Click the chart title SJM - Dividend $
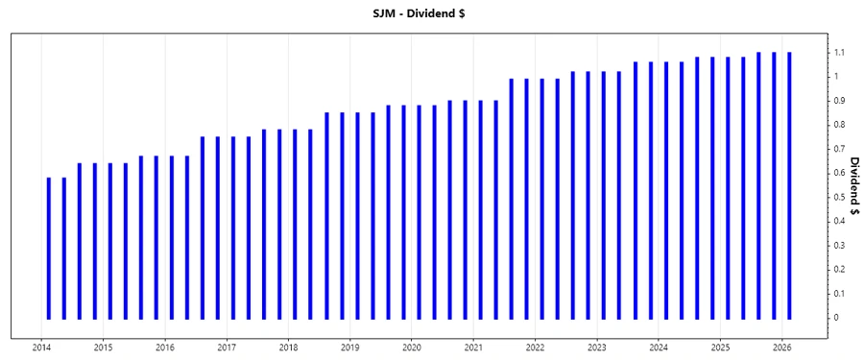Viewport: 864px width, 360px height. tap(431, 12)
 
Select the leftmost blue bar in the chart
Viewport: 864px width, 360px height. tap(49, 248)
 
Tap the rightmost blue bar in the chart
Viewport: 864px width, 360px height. tap(789, 185)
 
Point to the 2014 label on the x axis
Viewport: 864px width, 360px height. tap(41, 348)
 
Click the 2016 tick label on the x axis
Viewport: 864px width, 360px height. tap(165, 348)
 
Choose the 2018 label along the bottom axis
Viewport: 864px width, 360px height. tap(288, 348)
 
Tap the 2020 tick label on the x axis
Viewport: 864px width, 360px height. tap(412, 348)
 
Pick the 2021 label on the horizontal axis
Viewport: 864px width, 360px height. tap(473, 348)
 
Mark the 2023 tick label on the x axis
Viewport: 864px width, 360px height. tap(597, 348)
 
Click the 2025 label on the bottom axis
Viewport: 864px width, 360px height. tap(720, 348)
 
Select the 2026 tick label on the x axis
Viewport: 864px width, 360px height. tap(782, 348)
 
